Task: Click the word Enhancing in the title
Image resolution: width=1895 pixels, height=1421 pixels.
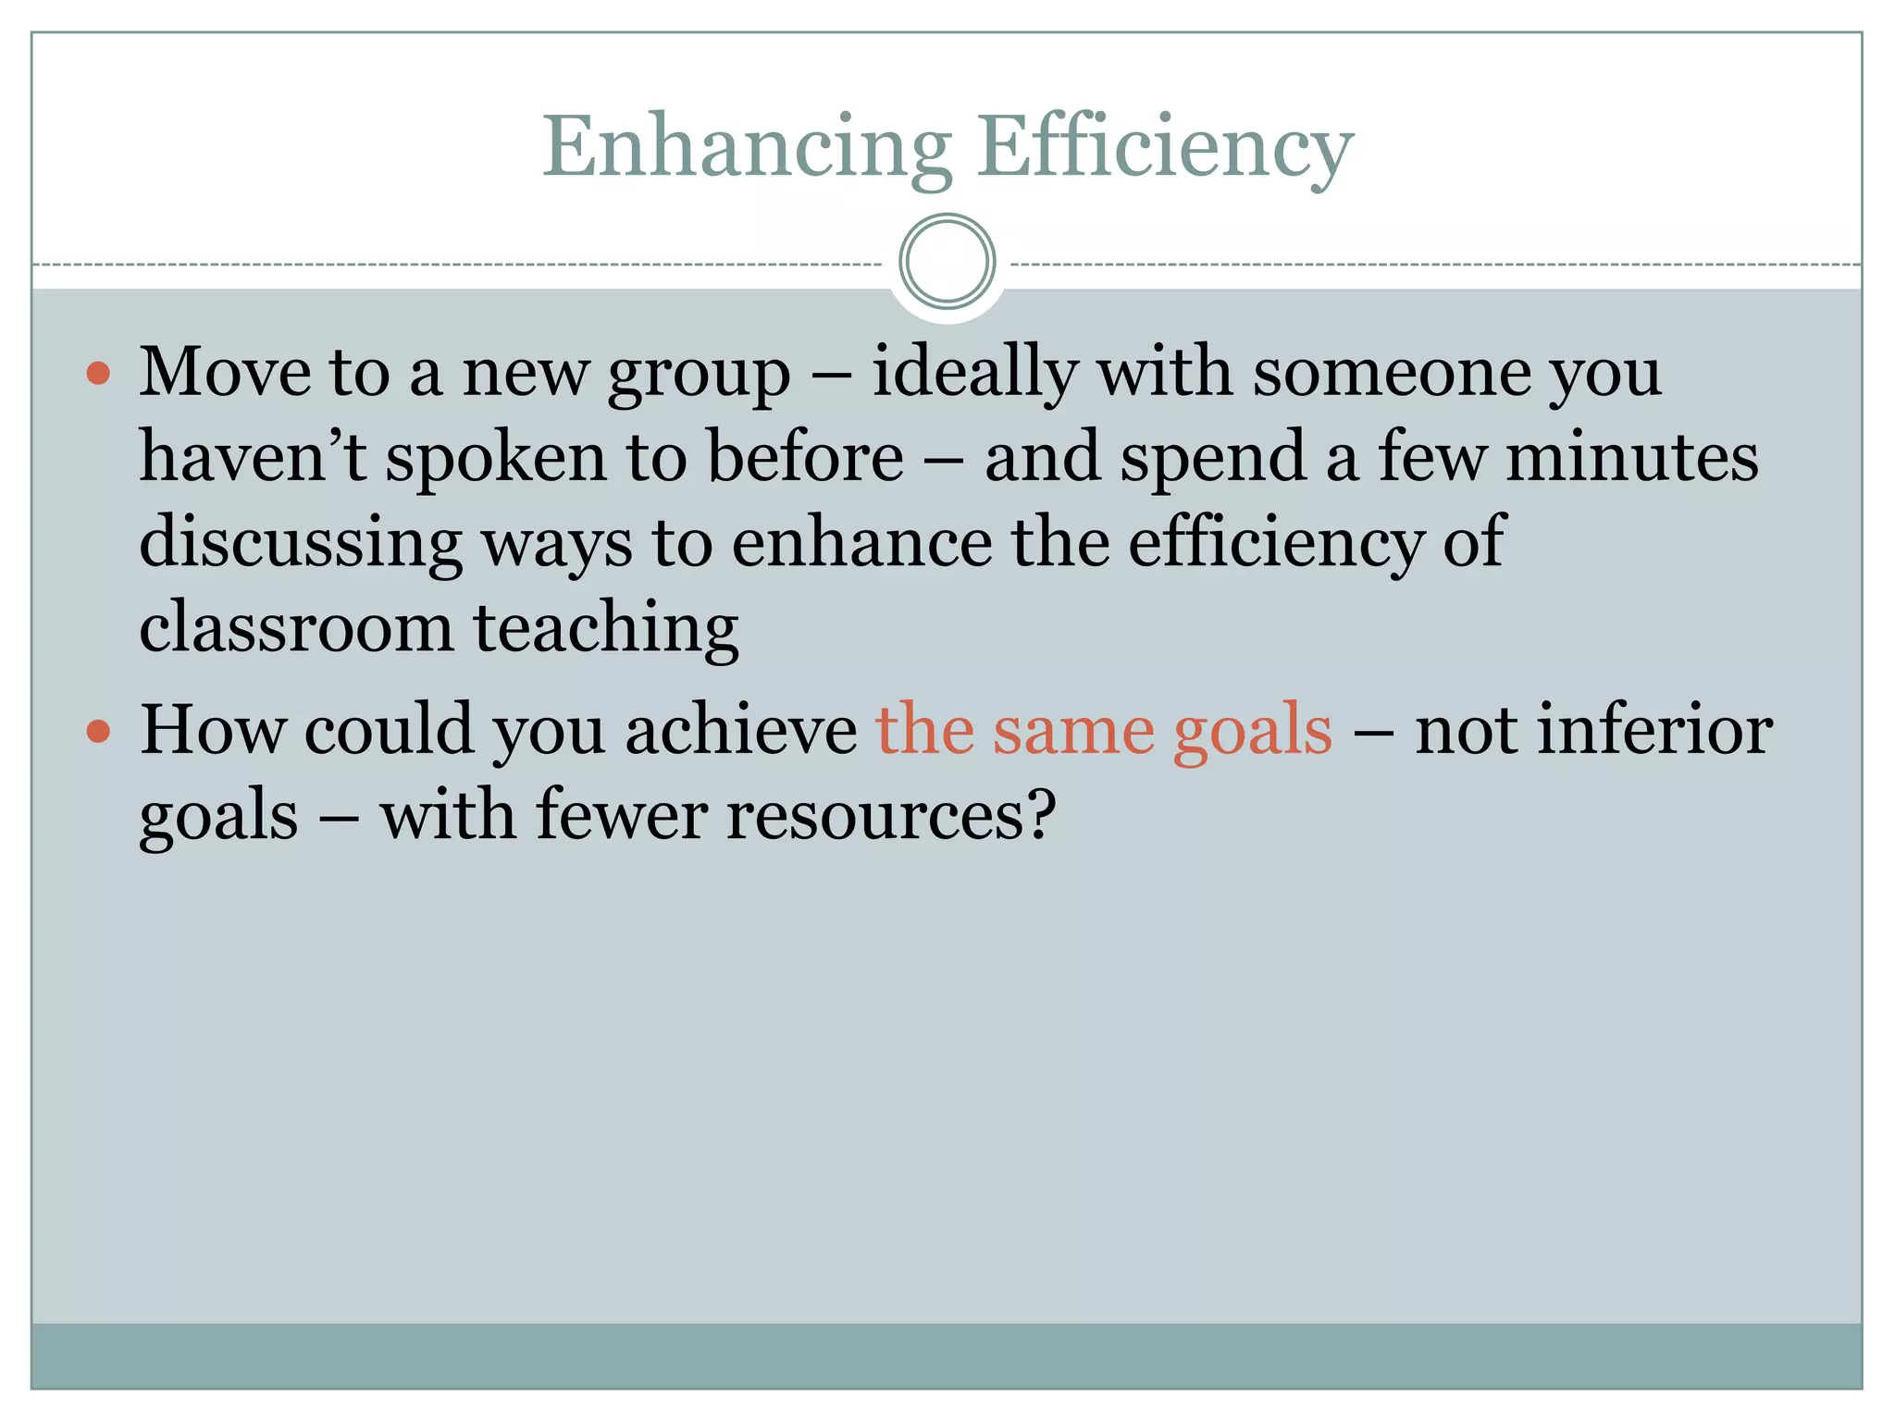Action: tap(747, 148)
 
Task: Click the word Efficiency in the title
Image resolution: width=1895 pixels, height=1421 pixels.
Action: tap(1165, 148)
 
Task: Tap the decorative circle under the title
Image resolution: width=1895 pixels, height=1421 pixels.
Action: tap(947, 262)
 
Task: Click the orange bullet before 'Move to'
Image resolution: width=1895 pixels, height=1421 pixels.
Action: tap(98, 374)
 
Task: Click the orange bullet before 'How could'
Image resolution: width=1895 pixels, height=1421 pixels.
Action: tap(98, 733)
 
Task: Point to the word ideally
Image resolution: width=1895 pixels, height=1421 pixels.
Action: tap(974, 372)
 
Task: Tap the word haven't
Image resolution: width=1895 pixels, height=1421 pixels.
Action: tap(253, 457)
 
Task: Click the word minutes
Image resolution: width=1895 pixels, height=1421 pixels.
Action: tap(1631, 457)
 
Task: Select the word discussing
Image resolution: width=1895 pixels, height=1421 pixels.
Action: tap(301, 543)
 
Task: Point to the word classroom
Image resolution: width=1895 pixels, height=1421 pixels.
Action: tap(296, 628)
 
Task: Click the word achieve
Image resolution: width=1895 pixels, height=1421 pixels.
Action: tap(741, 731)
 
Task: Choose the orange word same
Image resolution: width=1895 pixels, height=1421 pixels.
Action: tap(1073, 731)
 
